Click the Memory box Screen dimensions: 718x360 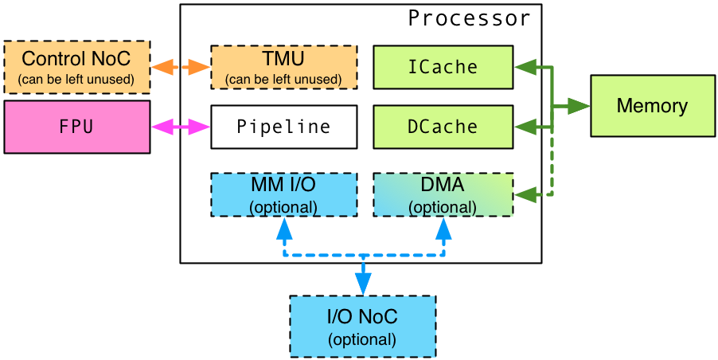click(653, 106)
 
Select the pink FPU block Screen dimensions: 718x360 click(77, 127)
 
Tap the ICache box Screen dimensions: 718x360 click(443, 67)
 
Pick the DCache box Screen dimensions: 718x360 click(443, 127)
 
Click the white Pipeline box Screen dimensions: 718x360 click(284, 127)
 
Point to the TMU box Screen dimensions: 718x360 click(284, 67)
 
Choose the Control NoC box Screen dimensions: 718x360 click(77, 67)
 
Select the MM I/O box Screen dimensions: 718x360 click(284, 194)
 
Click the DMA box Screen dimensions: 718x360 click(443, 194)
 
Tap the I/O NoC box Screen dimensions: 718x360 click(363, 326)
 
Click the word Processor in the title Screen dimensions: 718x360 click(469, 19)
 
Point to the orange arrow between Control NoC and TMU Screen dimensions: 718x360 click(181, 68)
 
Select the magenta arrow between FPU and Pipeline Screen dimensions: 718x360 click(181, 127)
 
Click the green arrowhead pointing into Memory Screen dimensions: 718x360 click(579, 106)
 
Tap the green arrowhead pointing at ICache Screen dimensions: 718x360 click(525, 68)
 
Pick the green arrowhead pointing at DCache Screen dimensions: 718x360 click(525, 127)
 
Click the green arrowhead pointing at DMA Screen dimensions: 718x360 click(525, 194)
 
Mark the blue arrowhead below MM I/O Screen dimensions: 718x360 click(284, 228)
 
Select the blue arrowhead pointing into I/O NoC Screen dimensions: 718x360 click(363, 284)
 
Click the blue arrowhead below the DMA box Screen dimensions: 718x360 click(443, 228)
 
